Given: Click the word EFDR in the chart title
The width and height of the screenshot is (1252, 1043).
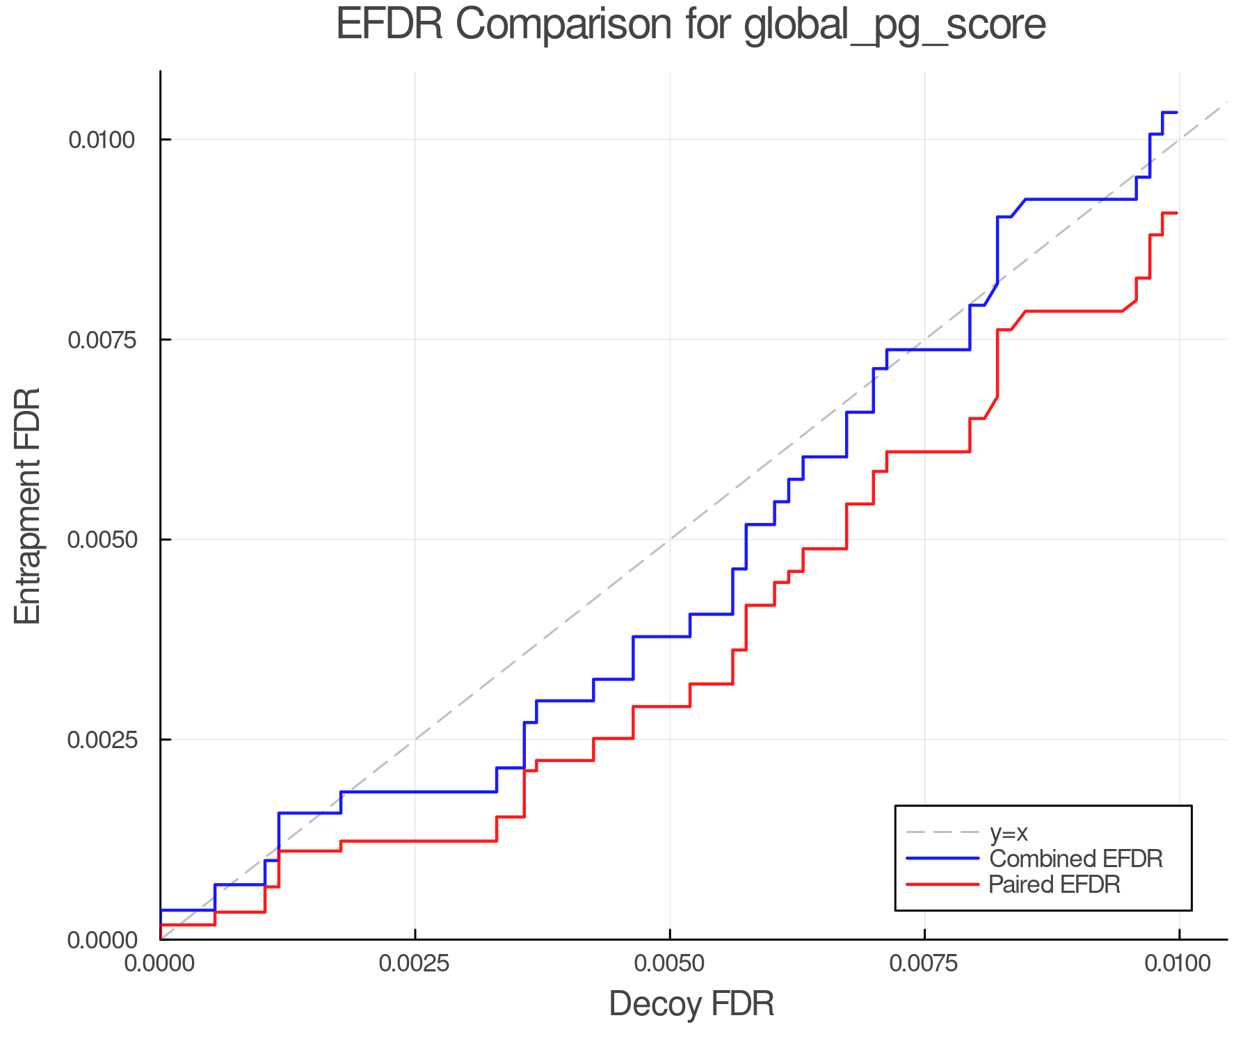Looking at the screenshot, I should tap(390, 25).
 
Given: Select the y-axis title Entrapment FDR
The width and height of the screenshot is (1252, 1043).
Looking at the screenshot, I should tap(29, 506).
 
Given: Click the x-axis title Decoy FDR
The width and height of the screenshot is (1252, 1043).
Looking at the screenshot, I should tap(691, 1004).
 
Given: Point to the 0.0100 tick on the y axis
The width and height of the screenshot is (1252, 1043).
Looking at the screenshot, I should tap(101, 140).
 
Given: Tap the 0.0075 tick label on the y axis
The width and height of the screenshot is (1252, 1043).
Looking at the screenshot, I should tap(101, 340).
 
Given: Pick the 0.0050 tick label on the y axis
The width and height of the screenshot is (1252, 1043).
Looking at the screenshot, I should tap(101, 540).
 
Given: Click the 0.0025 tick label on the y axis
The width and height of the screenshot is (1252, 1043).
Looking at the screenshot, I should tap(101, 740).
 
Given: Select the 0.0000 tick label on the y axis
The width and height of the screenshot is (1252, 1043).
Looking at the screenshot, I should tap(101, 940).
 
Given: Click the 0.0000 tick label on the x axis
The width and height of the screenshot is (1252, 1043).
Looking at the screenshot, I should tap(161, 964).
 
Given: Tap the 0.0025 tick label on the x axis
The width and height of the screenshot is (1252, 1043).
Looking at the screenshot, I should tap(415, 964).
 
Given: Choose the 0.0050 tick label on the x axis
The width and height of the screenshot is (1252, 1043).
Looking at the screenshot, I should tap(670, 964).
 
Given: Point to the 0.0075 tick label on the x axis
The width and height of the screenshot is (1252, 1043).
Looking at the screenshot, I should tap(924, 964).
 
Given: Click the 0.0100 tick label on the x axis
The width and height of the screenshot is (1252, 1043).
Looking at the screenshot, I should tap(1178, 964).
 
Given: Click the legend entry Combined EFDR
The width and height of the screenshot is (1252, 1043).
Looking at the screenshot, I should tap(1075, 859).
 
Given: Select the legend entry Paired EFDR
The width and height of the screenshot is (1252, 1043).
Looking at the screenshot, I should tap(1054, 884).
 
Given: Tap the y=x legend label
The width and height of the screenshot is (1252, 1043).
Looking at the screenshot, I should tap(1009, 832).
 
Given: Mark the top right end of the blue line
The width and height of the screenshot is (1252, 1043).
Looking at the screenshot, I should tap(1176, 112).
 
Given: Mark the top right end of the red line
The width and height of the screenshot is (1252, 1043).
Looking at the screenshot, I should tap(1176, 213).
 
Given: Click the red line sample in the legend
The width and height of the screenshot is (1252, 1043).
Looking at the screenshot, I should tap(942, 884).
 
